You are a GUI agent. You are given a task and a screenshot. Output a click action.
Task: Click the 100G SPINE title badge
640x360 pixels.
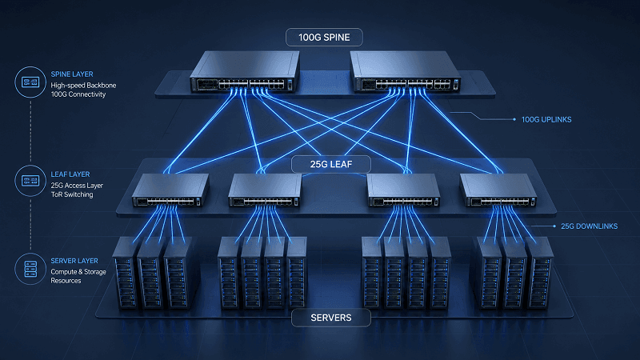(x=324, y=37)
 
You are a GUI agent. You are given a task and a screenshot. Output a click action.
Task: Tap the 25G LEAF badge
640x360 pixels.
(x=331, y=164)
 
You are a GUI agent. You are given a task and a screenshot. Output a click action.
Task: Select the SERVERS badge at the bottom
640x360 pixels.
(x=331, y=318)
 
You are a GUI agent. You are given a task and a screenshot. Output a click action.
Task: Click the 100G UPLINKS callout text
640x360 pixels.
(x=546, y=119)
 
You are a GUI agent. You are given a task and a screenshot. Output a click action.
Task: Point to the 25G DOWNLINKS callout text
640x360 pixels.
(x=589, y=226)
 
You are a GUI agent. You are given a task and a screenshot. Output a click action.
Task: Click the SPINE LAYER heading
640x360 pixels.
(x=72, y=74)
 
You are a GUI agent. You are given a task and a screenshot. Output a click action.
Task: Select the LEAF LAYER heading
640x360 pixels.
(x=70, y=174)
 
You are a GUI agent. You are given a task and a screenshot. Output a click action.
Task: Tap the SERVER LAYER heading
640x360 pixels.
(x=74, y=261)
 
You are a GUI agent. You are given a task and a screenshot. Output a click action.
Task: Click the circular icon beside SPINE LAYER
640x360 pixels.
(x=30, y=82)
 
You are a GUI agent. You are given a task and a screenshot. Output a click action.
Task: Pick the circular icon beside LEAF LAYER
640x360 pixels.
(x=30, y=181)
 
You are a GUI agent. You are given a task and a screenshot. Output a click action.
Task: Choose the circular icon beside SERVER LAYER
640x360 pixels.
(x=30, y=269)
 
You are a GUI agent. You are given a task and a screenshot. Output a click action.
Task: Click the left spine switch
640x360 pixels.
(x=245, y=71)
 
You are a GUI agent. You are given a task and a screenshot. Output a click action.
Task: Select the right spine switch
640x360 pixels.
(x=406, y=71)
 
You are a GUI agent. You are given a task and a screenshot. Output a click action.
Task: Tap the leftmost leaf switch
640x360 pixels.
(x=170, y=190)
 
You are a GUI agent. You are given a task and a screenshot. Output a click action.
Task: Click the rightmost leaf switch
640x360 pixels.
(x=498, y=190)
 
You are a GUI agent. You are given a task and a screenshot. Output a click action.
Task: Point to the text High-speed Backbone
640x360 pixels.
(x=83, y=86)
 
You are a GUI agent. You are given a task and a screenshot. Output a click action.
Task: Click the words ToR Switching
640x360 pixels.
(x=72, y=194)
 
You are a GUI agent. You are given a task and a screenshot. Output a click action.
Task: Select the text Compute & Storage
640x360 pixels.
(x=78, y=272)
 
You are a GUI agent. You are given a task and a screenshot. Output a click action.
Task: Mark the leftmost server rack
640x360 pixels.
(x=125, y=274)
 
